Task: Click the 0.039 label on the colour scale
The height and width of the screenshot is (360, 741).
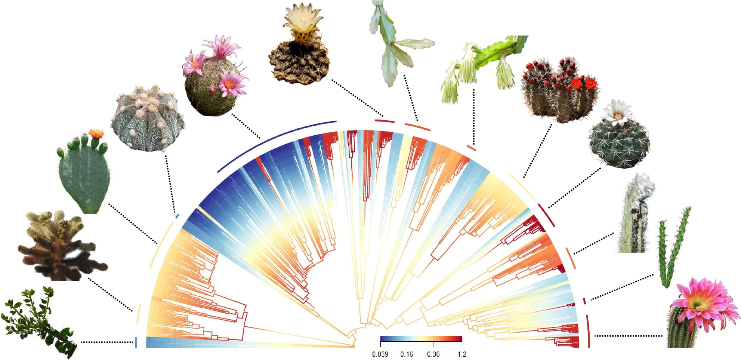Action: (380, 354)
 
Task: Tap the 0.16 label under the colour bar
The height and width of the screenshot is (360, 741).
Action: (407, 354)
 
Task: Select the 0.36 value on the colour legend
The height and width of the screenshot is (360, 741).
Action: (433, 354)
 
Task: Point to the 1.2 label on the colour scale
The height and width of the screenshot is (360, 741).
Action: (462, 354)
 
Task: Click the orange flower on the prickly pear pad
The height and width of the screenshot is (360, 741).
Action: (96, 133)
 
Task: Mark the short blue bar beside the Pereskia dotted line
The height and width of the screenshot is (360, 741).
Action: (136, 342)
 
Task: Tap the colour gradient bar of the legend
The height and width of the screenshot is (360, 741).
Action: (421, 339)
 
